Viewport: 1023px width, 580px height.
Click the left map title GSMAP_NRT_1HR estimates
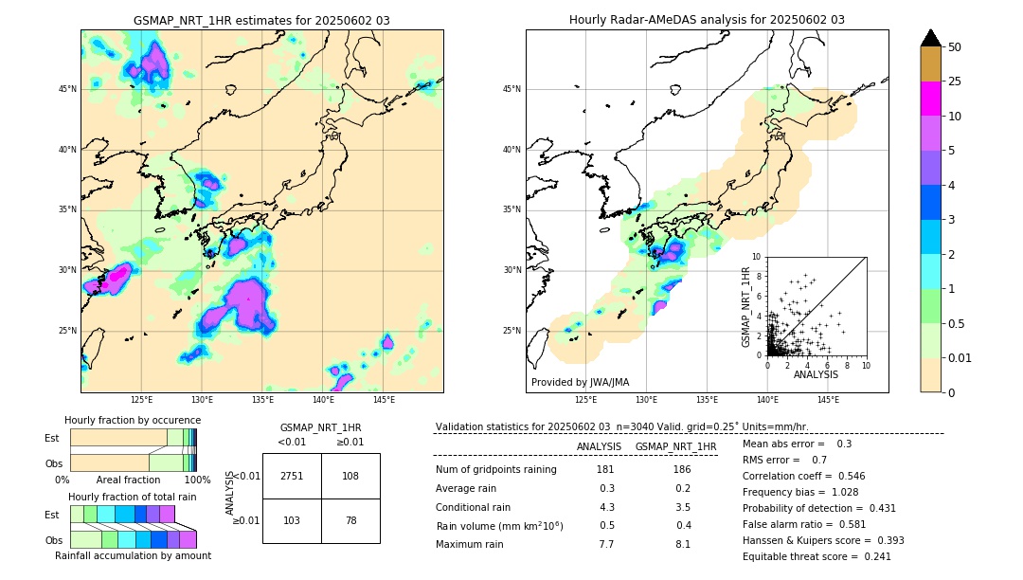(x=261, y=20)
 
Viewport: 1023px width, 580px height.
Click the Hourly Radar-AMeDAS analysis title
(x=707, y=20)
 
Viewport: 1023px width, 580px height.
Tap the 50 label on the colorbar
(x=955, y=47)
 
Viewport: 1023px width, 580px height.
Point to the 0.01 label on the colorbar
(x=960, y=357)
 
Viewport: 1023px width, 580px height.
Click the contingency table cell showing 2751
(x=292, y=476)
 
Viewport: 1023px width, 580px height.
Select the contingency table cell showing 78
(x=350, y=520)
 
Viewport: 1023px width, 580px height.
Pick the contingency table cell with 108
(x=350, y=476)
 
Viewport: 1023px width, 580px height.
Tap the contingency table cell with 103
(x=292, y=520)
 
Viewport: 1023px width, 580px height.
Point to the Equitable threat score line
(x=817, y=556)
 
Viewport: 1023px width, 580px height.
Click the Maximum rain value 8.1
(x=681, y=544)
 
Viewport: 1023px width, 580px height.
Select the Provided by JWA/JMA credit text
(x=580, y=382)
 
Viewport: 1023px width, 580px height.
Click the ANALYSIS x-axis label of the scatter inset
(x=816, y=374)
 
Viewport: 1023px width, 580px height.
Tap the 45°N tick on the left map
(x=67, y=89)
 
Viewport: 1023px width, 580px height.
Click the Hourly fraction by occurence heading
(x=133, y=420)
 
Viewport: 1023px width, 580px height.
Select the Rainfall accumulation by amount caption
(x=133, y=555)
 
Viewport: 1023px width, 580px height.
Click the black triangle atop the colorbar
(x=931, y=38)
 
